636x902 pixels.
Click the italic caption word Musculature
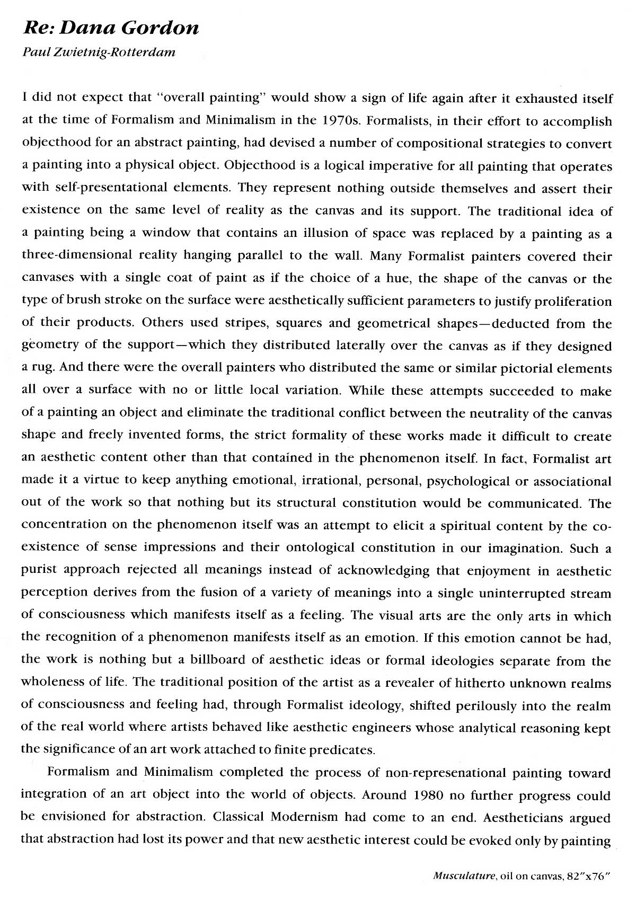coord(464,877)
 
